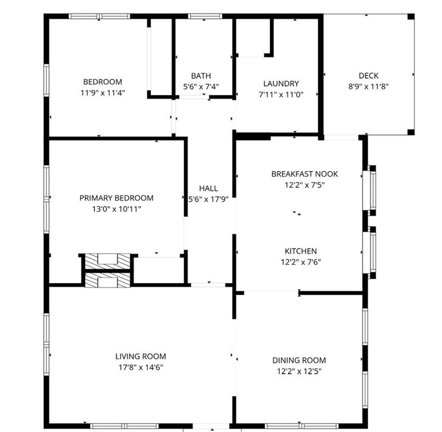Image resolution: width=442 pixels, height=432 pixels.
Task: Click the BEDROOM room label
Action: tap(102, 82)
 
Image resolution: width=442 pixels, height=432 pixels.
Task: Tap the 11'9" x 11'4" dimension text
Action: tap(102, 93)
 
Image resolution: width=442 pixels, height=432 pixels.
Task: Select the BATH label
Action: tap(200, 76)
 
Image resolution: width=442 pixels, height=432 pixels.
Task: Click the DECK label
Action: tap(368, 76)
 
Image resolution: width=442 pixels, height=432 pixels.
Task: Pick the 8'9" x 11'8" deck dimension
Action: tap(368, 87)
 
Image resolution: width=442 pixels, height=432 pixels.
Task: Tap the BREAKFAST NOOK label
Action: tap(305, 174)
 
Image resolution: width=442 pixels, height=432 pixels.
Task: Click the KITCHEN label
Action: tap(300, 251)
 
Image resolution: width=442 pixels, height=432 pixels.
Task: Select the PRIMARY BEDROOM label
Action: tap(116, 198)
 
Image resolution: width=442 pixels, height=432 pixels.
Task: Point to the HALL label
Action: tap(208, 188)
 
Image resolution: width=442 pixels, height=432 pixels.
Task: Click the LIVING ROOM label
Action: tap(141, 356)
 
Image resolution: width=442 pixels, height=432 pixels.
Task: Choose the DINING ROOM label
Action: tap(299, 360)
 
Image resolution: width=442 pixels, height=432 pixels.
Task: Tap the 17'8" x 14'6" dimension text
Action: tap(141, 367)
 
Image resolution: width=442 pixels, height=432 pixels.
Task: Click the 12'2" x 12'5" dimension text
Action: tap(299, 371)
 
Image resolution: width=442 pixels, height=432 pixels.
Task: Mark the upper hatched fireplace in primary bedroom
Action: tap(107, 260)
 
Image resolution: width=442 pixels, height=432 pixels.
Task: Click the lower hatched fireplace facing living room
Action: tap(107, 280)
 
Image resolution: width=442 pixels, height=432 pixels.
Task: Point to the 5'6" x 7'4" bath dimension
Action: tap(200, 87)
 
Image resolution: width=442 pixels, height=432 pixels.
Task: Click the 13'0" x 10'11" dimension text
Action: tap(116, 209)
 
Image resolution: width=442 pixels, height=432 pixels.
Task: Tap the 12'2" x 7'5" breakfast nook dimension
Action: tap(305, 184)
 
